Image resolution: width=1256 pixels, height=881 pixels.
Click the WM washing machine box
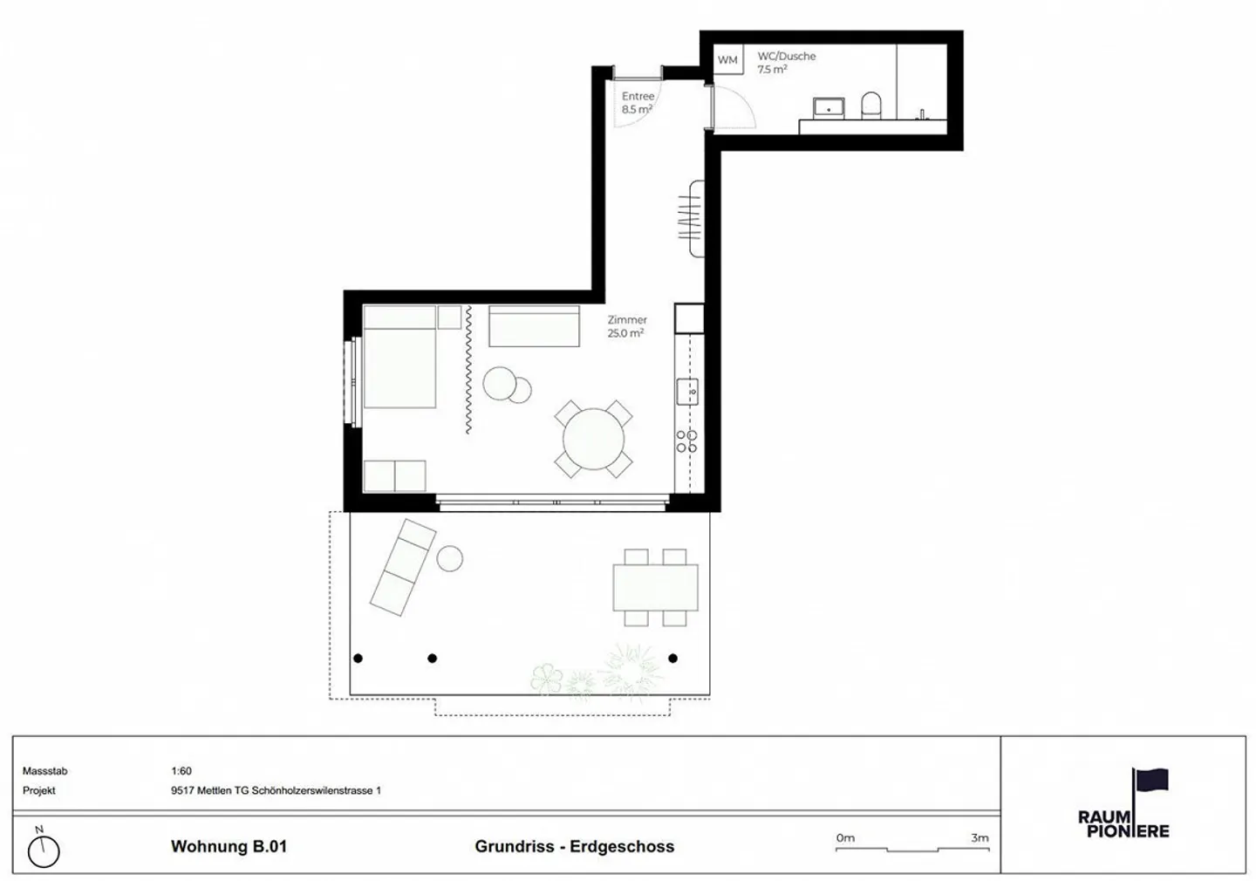coord(727,59)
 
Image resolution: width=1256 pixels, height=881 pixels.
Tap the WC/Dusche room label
coord(786,63)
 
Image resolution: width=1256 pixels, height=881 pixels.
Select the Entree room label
coord(638,103)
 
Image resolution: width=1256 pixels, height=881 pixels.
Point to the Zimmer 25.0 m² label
coord(627,326)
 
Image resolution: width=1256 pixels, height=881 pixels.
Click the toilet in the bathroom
coord(870,106)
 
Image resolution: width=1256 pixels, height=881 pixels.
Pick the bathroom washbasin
coord(829,108)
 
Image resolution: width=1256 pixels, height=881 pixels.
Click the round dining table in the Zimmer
coord(593,439)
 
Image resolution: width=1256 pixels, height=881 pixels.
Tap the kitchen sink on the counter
coord(687,392)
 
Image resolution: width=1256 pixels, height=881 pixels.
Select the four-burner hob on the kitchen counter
coord(686,440)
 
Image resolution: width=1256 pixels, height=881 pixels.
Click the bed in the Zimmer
coord(399,357)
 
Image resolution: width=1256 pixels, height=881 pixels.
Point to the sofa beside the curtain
coord(534,326)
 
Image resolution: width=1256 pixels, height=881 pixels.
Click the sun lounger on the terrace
coord(403,567)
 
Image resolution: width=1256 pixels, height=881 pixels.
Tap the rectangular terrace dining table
coord(656,587)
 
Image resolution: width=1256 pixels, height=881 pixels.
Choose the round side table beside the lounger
coord(450,558)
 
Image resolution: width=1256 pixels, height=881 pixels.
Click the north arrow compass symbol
coord(44,849)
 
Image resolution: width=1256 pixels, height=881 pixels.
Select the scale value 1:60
coord(181,770)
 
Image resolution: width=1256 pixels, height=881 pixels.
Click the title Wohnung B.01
coord(229,846)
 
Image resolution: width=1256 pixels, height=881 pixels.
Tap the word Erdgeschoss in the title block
coord(622,846)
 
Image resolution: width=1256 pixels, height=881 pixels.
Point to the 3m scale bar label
coord(980,837)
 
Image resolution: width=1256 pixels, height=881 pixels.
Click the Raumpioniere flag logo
coord(1123,803)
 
